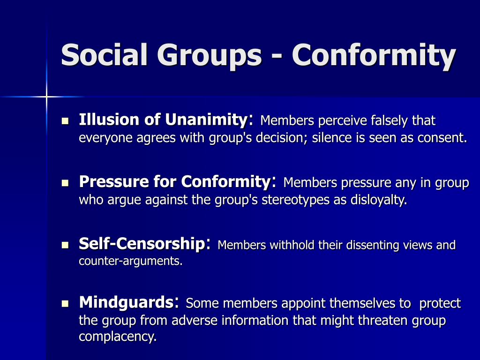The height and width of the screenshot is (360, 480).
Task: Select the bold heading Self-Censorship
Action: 142,243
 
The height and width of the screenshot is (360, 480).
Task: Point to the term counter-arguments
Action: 130,261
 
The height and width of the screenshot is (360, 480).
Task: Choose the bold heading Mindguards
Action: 126,302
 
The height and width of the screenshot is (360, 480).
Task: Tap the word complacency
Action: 117,337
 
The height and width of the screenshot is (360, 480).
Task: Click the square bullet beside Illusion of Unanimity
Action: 65,121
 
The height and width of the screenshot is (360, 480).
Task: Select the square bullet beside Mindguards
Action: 65,303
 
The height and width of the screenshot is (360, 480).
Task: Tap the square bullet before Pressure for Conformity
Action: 65,182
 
